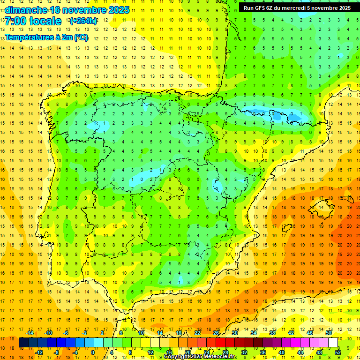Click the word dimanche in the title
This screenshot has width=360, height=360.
(26, 10)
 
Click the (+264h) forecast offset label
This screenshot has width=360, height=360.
(83, 21)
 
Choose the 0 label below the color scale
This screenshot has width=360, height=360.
(93, 352)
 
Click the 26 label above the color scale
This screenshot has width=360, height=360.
(216, 333)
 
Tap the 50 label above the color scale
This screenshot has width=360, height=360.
(329, 333)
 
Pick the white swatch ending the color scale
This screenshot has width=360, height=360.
(333, 343)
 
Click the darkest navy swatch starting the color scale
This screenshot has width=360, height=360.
(24, 343)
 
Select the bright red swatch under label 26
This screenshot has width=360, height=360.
(221, 343)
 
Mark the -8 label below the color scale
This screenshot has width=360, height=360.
(56, 352)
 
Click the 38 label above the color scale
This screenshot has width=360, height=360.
(272, 333)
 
